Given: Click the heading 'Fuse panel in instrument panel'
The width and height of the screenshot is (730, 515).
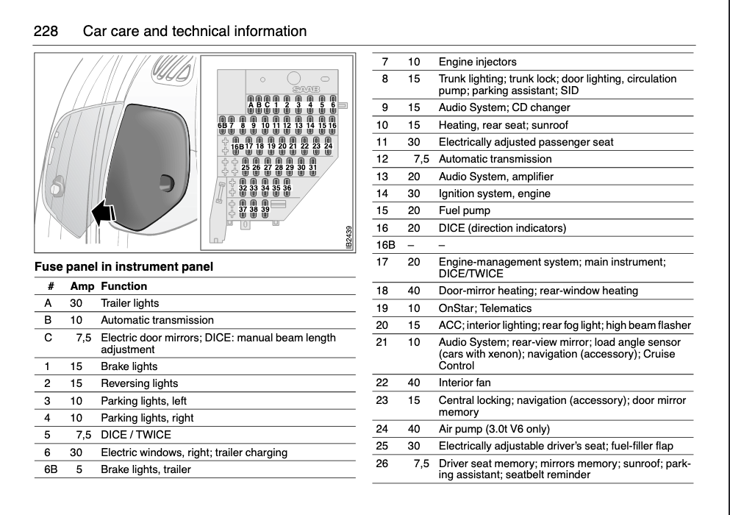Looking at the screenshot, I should click(124, 267).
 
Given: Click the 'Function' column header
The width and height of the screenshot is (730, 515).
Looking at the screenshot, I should click(124, 286).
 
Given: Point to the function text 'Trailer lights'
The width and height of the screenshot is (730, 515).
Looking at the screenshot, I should click(129, 303).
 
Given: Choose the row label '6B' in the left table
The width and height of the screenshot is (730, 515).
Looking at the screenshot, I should click(50, 469).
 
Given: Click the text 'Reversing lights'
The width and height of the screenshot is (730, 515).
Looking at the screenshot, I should click(139, 383).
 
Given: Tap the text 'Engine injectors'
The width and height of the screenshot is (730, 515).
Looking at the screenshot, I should click(477, 62).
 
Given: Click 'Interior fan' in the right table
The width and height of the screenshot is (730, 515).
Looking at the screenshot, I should click(465, 383).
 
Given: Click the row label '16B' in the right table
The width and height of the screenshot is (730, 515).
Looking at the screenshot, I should click(385, 244).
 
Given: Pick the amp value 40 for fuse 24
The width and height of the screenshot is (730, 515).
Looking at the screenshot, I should click(414, 428).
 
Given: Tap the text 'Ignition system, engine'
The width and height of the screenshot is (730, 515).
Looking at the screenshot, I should click(494, 193).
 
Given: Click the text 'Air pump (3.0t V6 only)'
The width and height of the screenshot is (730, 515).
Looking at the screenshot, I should click(494, 428).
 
